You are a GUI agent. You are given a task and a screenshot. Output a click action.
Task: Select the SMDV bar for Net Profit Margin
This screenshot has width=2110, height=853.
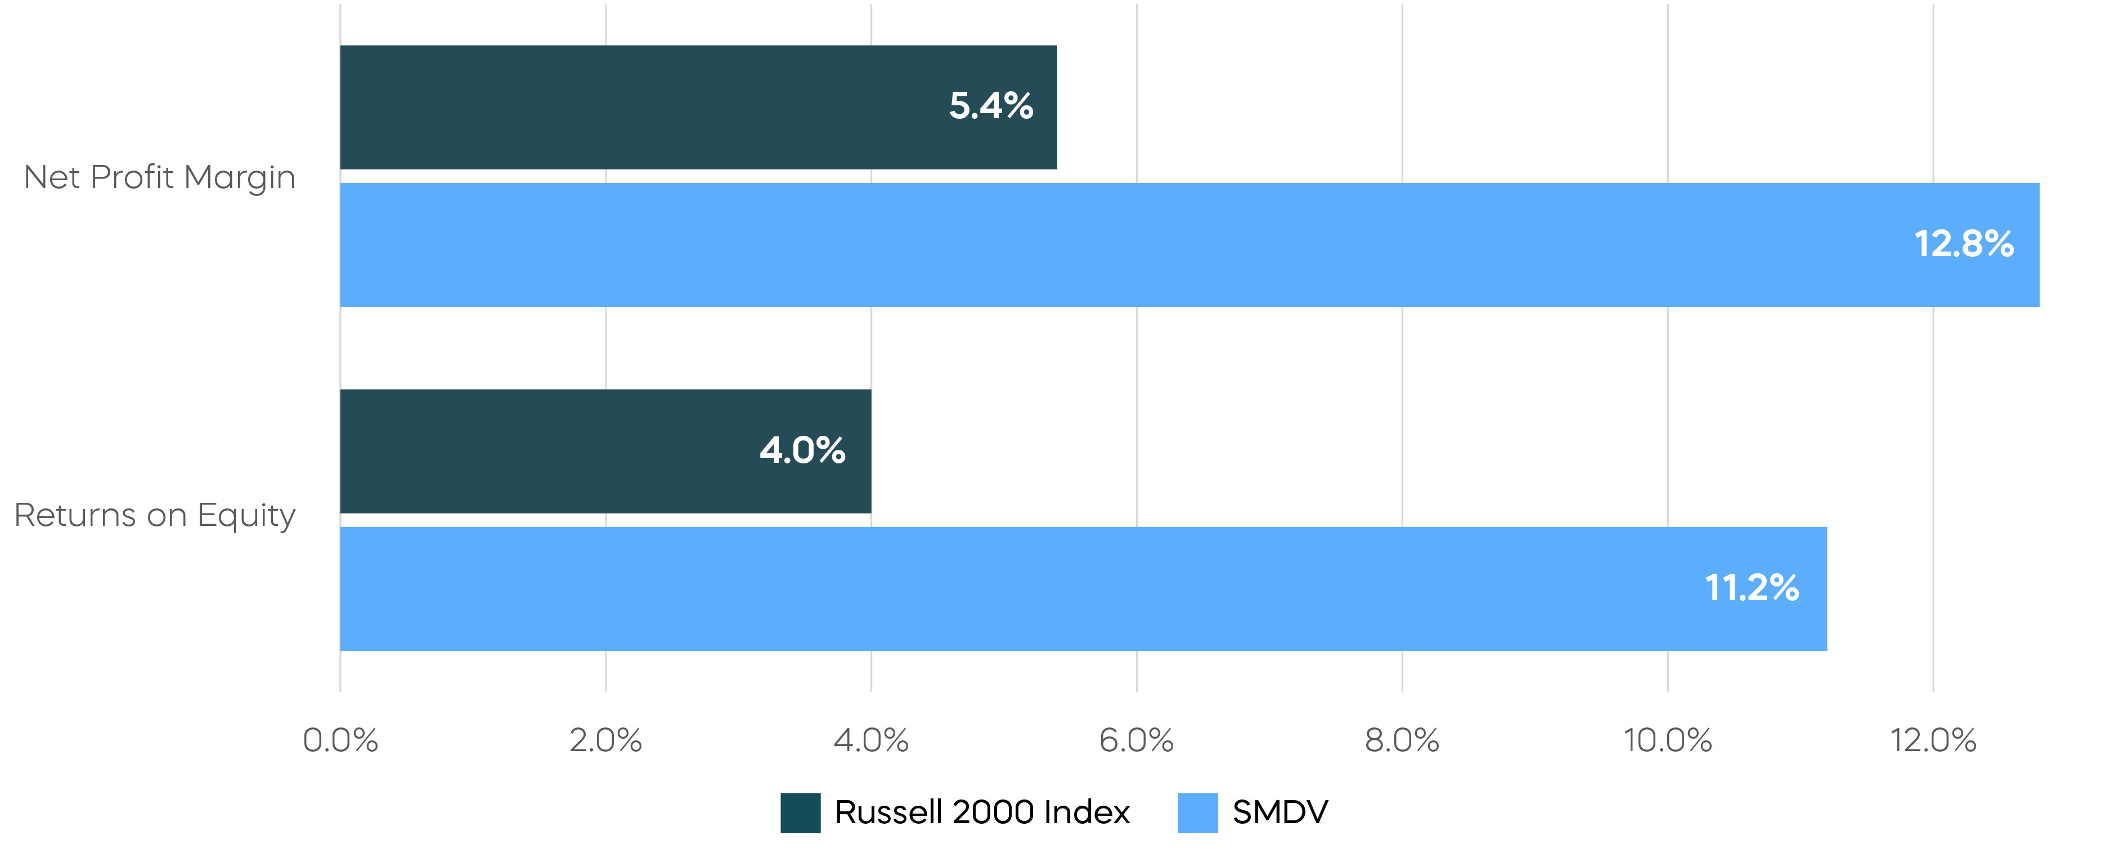tap(1188, 245)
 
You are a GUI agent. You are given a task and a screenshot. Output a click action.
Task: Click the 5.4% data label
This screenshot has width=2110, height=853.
tap(991, 106)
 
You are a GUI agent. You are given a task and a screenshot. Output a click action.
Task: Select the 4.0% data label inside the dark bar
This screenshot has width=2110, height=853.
tap(802, 450)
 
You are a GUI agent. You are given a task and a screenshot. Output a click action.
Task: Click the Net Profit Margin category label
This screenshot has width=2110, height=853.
tap(160, 177)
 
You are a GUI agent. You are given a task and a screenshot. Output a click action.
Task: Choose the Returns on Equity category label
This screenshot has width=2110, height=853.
tap(155, 515)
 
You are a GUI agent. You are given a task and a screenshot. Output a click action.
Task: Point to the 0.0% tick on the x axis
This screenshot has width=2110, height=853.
tap(340, 741)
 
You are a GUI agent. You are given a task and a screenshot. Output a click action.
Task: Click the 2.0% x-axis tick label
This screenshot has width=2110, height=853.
tap(605, 741)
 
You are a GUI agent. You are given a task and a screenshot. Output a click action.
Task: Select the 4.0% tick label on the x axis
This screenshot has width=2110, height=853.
tap(870, 741)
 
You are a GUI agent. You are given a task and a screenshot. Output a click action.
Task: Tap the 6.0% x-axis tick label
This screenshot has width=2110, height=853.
tap(1136, 741)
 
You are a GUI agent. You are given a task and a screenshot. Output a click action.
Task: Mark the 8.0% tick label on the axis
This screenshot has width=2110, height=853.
tap(1402, 741)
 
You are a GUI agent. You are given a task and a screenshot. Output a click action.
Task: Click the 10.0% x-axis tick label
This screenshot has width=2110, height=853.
tap(1668, 741)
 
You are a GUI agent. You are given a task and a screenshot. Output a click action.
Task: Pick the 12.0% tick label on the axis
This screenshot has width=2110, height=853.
tap(1933, 741)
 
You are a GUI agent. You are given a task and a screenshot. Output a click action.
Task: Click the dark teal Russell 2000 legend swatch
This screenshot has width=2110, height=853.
tap(800, 813)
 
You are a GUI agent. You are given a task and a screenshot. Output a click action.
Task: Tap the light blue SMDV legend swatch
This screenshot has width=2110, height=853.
tap(1197, 813)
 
